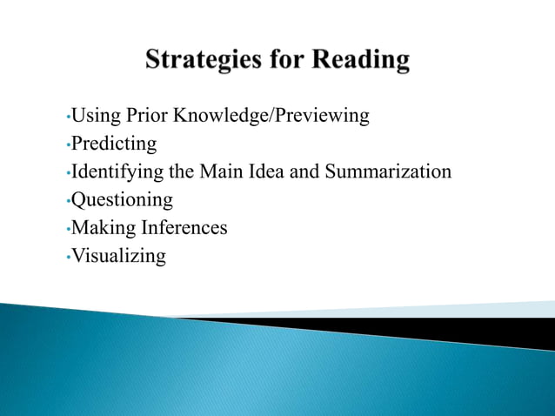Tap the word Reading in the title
click(361, 61)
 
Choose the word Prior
click(145, 115)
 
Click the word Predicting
click(113, 144)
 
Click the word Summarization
click(388, 171)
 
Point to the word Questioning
click(122, 200)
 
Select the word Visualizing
click(117, 257)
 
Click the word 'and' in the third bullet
click(304, 171)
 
